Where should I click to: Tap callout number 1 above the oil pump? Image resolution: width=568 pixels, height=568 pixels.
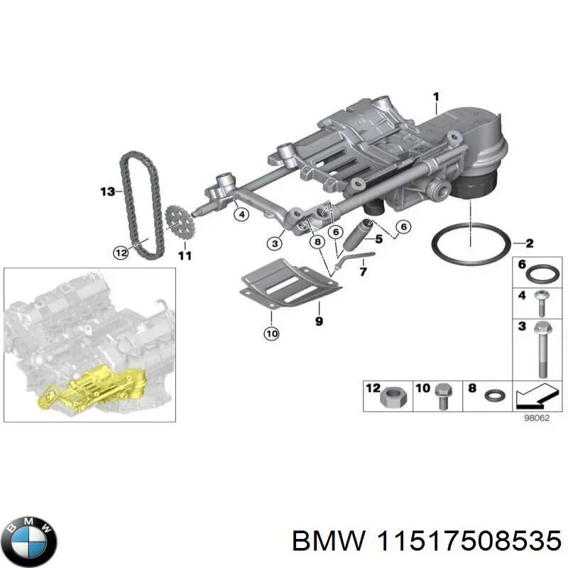437,96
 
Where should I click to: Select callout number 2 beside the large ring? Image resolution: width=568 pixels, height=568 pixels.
530,243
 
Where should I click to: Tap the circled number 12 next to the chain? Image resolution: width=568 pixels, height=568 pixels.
121,251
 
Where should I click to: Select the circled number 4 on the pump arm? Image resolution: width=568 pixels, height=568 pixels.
241,214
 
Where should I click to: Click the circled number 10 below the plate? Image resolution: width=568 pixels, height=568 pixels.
271,332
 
